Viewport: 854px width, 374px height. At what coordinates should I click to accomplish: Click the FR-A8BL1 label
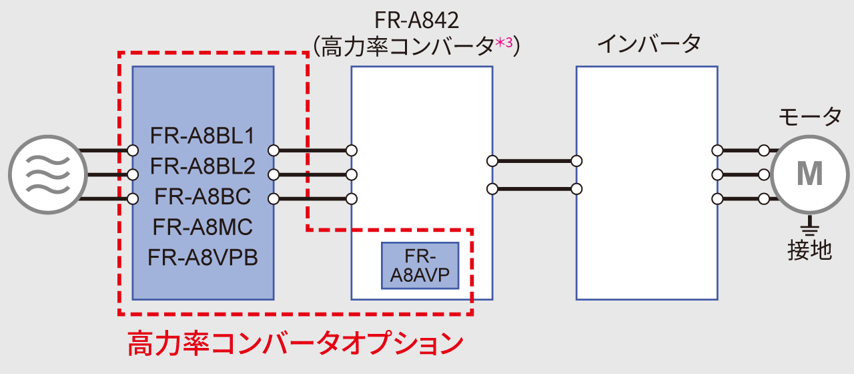pos(203,136)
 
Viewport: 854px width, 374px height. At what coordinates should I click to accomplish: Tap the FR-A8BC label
pos(203,197)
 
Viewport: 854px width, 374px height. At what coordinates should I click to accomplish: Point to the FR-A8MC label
pos(203,227)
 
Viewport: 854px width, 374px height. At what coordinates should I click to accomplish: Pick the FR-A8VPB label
pos(203,257)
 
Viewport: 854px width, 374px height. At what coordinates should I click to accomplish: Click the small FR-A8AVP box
pos(420,265)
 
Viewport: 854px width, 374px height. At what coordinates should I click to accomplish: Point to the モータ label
pos(810,118)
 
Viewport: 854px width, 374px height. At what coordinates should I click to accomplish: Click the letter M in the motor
pos(810,174)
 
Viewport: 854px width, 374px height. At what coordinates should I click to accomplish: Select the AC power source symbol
pos(47,174)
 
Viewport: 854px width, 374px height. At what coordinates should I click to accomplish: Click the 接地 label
pos(810,250)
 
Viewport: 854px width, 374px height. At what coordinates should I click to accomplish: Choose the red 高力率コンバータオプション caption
pos(295,344)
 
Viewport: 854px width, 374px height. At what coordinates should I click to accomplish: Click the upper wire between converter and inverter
pos(534,161)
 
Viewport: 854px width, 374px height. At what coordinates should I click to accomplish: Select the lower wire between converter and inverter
pos(534,188)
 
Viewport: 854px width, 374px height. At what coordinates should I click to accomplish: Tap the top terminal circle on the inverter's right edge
pos(717,150)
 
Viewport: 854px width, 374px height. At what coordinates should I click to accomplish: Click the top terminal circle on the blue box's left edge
pos(133,150)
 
